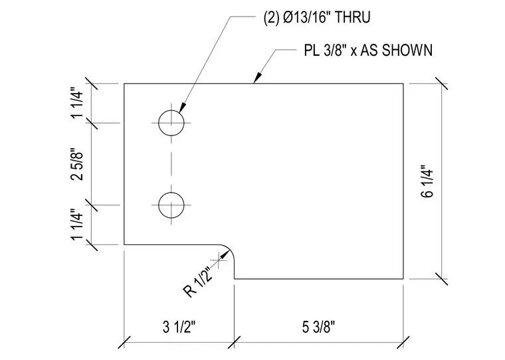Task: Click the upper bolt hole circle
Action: pyautogui.click(x=171, y=110)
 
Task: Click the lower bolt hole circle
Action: pyautogui.click(x=171, y=193)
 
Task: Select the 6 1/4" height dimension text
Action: pyautogui.click(x=427, y=181)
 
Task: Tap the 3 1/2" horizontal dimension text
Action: pyautogui.click(x=179, y=327)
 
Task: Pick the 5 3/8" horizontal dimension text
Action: pyautogui.click(x=318, y=327)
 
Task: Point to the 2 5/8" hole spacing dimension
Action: pyautogui.click(x=77, y=164)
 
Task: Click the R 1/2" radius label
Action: pyautogui.click(x=199, y=282)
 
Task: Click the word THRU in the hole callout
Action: pyautogui.click(x=353, y=17)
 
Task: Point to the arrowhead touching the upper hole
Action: pyautogui.click(x=182, y=108)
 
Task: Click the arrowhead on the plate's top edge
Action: pyautogui.click(x=257, y=78)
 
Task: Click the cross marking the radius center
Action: pyautogui.click(x=219, y=260)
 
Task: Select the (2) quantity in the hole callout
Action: pyautogui.click(x=271, y=17)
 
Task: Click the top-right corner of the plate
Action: pyautogui.click(x=403, y=84)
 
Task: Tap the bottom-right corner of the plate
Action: pyautogui.click(x=403, y=278)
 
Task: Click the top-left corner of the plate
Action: pyautogui.click(x=124, y=84)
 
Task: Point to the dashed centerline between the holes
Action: pyautogui.click(x=171, y=164)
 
